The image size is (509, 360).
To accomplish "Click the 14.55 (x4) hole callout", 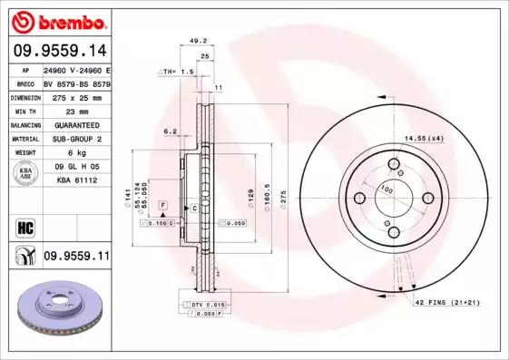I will (x=423, y=137).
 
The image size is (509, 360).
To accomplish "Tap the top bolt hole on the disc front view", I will (x=394, y=164).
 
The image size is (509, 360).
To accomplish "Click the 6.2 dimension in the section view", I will (x=170, y=132).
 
